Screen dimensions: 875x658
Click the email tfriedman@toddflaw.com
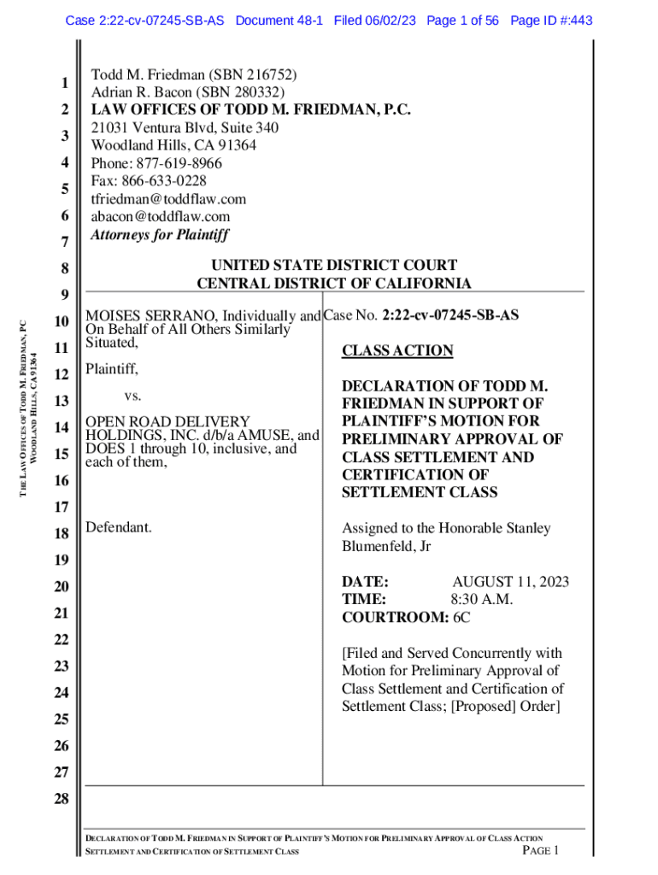(x=168, y=199)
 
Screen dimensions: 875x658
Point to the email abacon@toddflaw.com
(x=161, y=217)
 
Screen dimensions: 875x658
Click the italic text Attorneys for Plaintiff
(x=160, y=234)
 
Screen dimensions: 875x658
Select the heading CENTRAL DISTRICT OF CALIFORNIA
(x=334, y=284)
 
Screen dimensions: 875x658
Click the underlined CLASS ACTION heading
(x=397, y=350)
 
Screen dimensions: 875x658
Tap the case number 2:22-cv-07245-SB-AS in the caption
(x=450, y=315)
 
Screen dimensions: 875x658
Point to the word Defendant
(x=119, y=527)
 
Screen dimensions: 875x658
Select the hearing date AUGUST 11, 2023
(x=510, y=582)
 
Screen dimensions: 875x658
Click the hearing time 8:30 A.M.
(x=482, y=599)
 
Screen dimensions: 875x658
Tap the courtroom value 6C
(x=461, y=617)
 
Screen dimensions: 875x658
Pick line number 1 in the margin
(x=64, y=84)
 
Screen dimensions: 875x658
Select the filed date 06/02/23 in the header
(x=389, y=20)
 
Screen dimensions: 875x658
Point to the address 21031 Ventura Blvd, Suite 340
(x=185, y=127)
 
